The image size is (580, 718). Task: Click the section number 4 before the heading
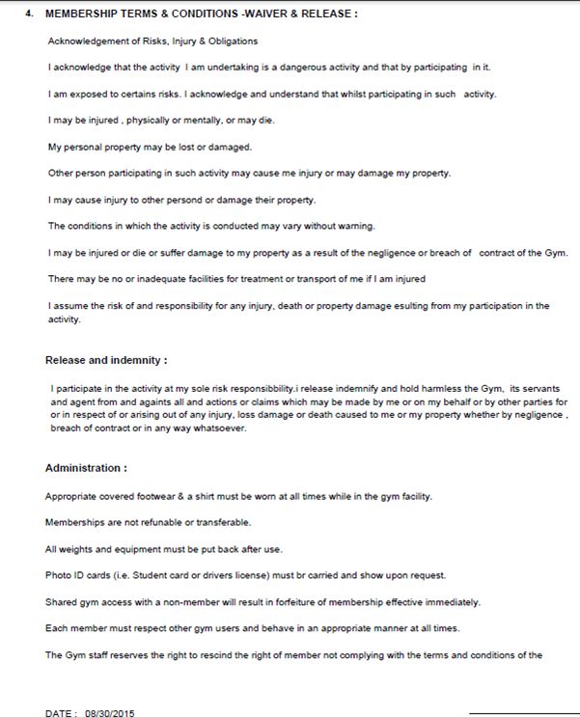(x=28, y=14)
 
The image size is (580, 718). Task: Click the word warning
(x=354, y=226)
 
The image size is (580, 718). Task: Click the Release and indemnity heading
(x=106, y=360)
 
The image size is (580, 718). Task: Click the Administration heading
(x=86, y=468)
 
